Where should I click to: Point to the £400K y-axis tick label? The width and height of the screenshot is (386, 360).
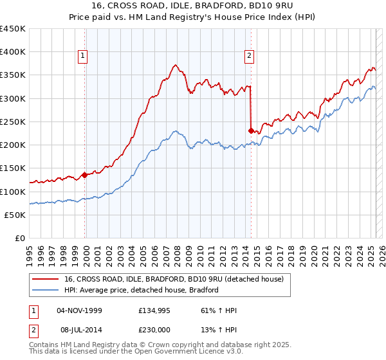(x=13, y=52)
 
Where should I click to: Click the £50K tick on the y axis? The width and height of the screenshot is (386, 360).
(x=15, y=215)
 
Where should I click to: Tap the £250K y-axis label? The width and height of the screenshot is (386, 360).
(x=13, y=122)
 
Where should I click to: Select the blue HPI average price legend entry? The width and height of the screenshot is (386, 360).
(x=142, y=290)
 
